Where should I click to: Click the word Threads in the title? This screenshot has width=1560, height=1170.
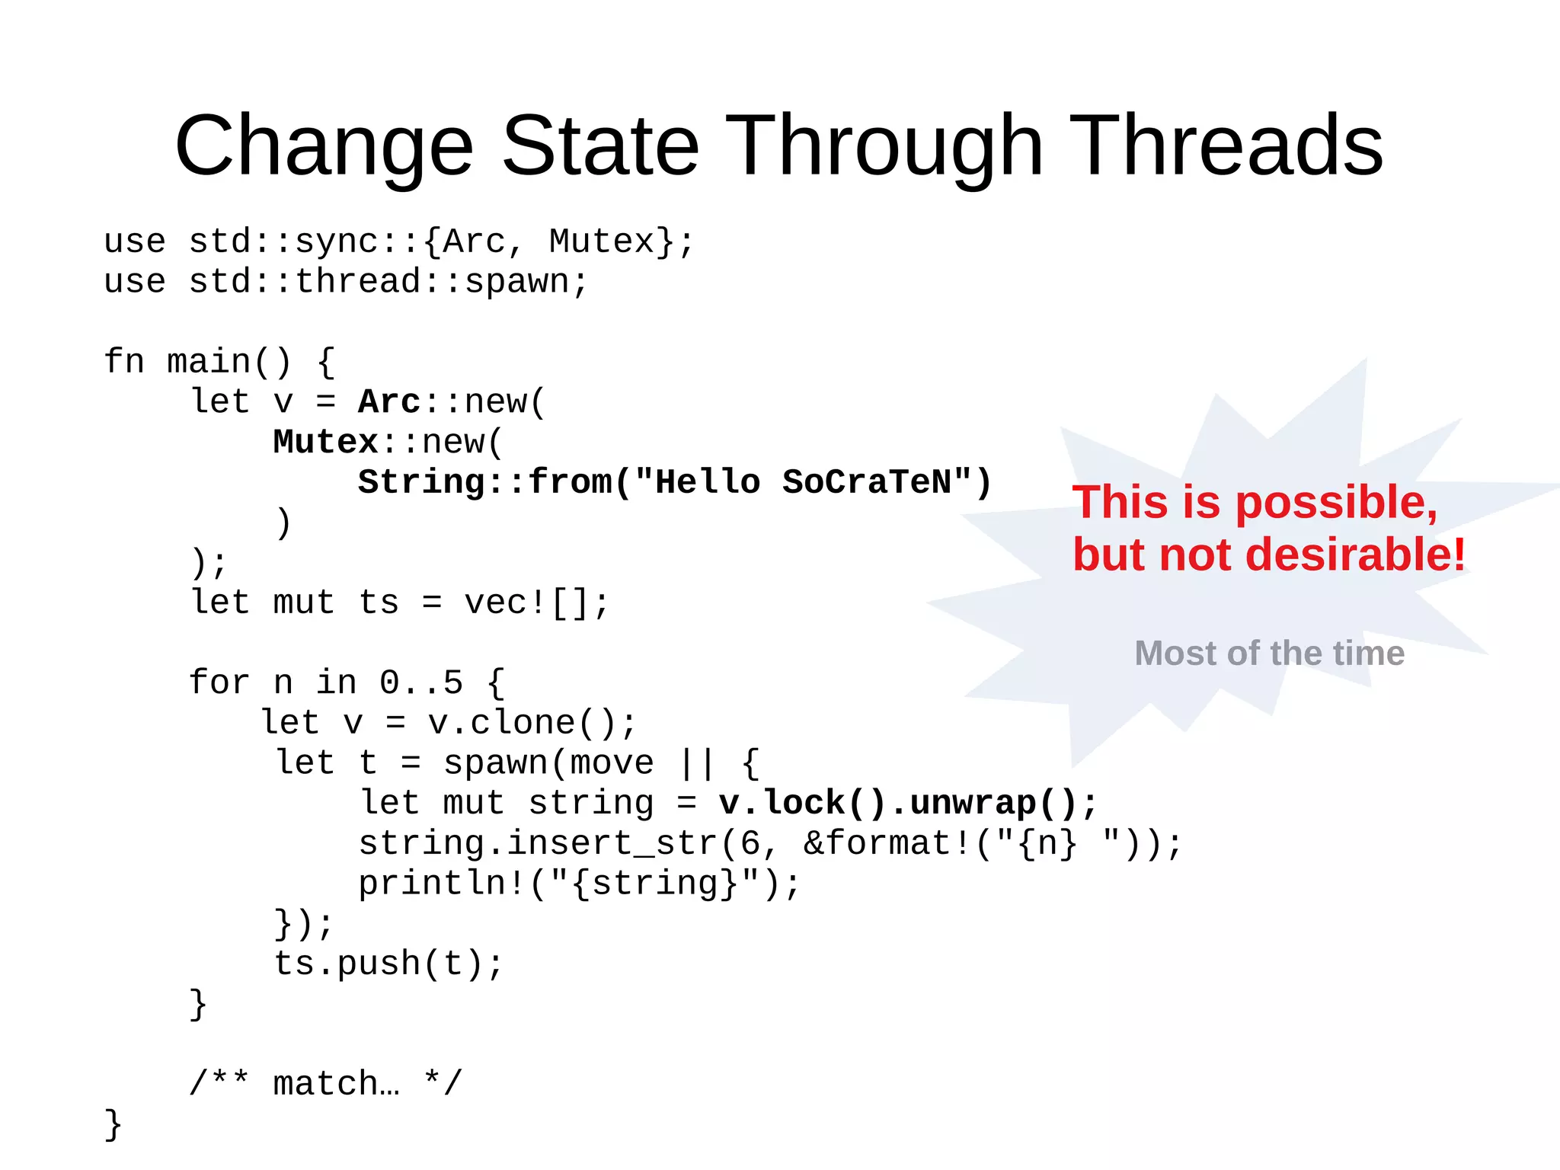click(x=1229, y=145)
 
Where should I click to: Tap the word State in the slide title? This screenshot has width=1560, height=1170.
click(x=600, y=145)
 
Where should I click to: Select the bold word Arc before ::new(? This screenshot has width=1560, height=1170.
click(x=389, y=401)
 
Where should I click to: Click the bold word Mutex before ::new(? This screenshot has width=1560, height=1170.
click(x=326, y=442)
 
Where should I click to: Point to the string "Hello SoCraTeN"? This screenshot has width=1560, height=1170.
click(x=803, y=482)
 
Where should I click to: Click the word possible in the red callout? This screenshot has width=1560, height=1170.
click(x=1336, y=503)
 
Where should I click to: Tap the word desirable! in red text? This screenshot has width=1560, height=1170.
click(x=1355, y=555)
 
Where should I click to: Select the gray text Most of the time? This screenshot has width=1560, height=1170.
click(x=1269, y=653)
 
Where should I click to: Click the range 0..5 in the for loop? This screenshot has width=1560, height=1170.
click(x=421, y=682)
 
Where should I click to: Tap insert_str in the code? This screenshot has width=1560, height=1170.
click(x=612, y=843)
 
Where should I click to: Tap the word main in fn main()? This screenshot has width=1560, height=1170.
click(x=209, y=361)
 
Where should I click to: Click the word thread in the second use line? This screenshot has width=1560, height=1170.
click(x=357, y=281)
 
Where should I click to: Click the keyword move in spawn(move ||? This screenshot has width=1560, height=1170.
click(x=612, y=763)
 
